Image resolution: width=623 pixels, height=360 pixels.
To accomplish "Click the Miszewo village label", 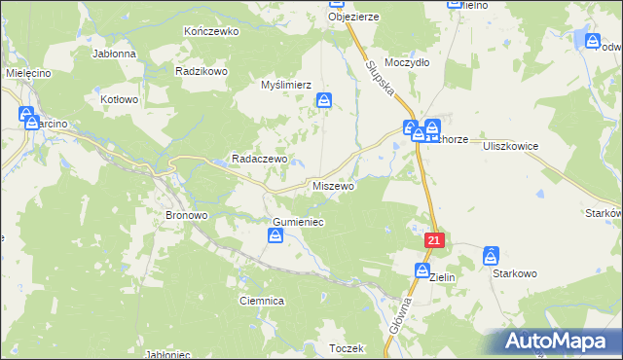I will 334,185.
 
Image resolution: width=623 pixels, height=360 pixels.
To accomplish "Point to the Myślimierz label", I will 285,85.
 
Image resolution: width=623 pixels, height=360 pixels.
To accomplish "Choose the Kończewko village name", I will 211,31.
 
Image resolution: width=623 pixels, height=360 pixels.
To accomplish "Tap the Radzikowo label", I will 202,71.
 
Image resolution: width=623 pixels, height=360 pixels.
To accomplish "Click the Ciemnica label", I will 261,302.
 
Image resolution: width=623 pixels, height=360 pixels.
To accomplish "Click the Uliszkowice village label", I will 511,143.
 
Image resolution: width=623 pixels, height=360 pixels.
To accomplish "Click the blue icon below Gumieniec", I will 275,237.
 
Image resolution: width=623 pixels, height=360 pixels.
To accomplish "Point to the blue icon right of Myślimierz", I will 325,100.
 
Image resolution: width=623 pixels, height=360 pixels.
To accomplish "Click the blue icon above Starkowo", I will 491,257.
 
